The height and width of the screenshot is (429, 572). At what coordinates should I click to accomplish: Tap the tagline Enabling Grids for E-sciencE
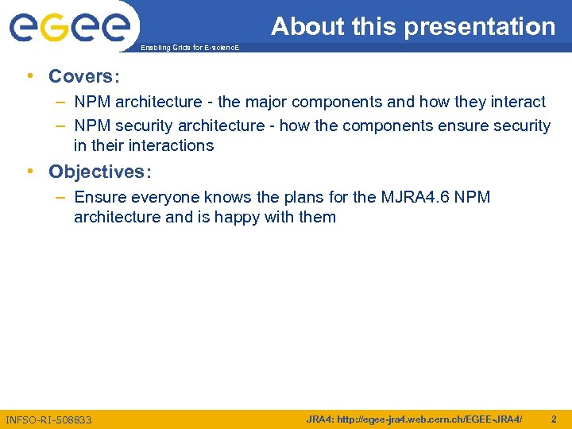(x=188, y=48)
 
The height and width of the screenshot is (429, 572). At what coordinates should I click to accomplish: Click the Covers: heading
(x=83, y=76)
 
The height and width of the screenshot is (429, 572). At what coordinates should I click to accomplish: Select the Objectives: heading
(x=99, y=172)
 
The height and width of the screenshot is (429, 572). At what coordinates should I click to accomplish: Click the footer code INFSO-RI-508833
(x=48, y=419)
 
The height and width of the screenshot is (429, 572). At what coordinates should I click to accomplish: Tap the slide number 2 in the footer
(x=553, y=419)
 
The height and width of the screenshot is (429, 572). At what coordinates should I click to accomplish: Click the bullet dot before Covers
(x=29, y=76)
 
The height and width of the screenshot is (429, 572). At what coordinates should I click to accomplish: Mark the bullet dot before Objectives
(x=29, y=172)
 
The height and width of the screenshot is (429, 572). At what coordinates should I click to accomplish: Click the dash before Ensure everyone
(x=61, y=197)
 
